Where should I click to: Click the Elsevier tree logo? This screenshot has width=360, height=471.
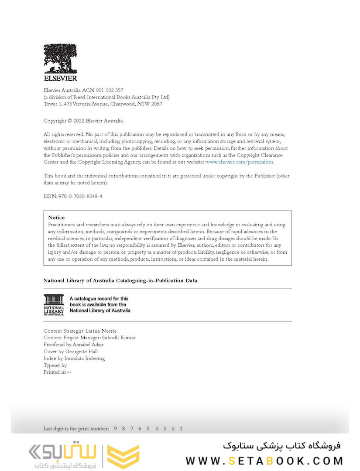pos(60,59)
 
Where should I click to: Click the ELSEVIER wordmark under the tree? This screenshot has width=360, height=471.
pos(60,78)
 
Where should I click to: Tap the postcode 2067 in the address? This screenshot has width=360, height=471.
pos(155,104)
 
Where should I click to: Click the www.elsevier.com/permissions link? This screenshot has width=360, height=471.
pos(239,162)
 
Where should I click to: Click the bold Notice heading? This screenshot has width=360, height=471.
pos(56,217)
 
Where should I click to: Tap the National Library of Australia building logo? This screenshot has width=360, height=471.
pos(54,304)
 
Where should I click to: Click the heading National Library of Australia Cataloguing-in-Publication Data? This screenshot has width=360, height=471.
pos(120,280)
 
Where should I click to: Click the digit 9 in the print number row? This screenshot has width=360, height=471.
pos(116,429)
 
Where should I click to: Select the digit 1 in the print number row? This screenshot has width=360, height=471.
pos(181,429)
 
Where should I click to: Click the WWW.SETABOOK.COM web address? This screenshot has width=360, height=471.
pos(264,461)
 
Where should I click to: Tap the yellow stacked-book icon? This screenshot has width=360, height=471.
pos(123,457)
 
